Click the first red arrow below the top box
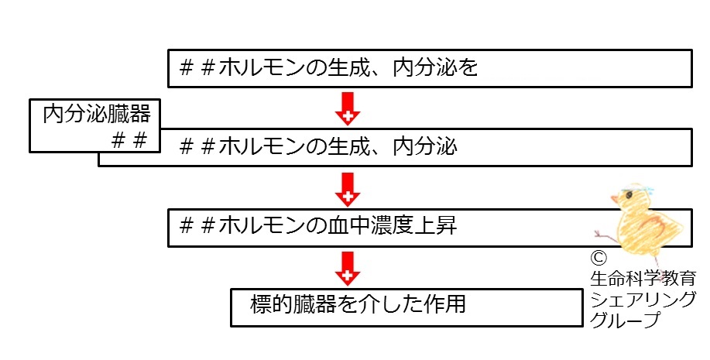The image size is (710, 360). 348,108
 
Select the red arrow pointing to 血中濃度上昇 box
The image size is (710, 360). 348,189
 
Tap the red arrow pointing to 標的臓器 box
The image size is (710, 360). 348,269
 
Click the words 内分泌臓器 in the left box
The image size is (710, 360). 97,114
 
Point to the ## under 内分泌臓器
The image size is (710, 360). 129,140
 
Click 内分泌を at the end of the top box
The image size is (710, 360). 436,68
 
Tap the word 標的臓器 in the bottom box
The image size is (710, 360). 294,303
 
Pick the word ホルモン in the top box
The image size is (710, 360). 261,68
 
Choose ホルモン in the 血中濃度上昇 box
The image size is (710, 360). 261,225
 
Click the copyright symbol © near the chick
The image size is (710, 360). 599,258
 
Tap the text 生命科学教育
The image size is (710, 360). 643,279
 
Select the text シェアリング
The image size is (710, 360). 643,300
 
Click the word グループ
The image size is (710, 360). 625,320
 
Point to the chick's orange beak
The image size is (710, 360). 614,198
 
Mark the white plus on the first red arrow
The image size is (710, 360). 348,117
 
